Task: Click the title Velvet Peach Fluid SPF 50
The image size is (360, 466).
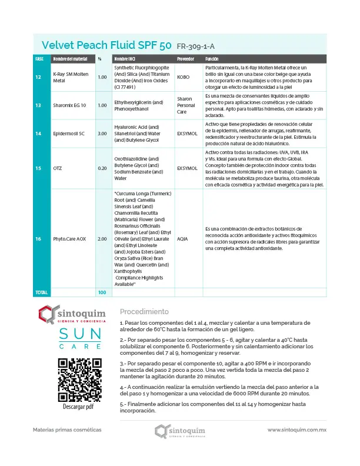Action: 106,45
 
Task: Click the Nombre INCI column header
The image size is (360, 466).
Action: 124,59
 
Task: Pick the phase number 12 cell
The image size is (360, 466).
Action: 38,77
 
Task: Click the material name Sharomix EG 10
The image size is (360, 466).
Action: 69,105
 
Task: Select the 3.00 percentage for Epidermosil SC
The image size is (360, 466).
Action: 102,134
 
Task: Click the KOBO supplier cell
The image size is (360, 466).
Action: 184,77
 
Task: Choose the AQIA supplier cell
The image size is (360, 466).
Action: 183,239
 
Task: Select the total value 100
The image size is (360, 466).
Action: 102,292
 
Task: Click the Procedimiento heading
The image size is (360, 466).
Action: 144,311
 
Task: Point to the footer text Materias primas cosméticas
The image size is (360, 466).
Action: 67,430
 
